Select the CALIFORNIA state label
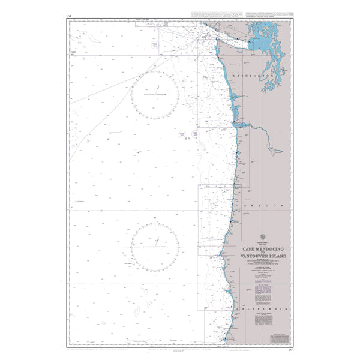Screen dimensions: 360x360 [x=263, y=308]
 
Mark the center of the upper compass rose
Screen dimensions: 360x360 [x=155, y=94]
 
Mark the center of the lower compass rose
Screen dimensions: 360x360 [x=155, y=246]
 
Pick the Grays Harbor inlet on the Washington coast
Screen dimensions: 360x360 [x=231, y=95]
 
